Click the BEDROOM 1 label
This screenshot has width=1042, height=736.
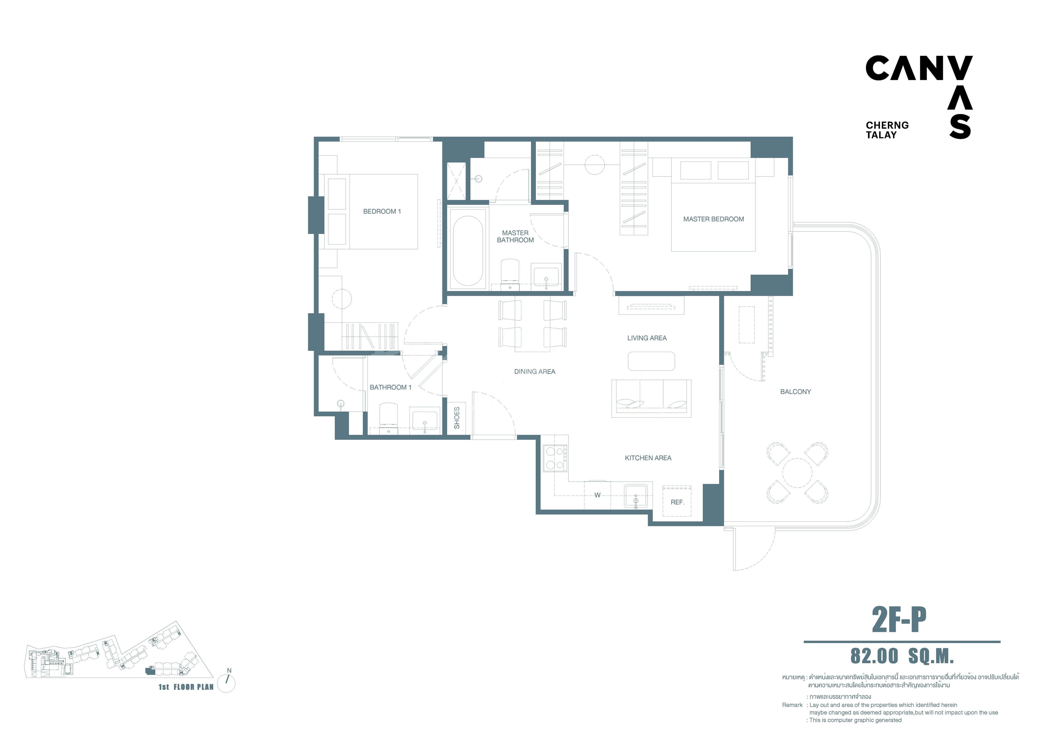[x=382, y=211]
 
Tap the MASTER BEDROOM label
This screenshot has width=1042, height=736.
[x=713, y=219]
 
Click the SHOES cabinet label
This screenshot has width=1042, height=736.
[x=457, y=417]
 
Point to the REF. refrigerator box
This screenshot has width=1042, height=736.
[x=677, y=502]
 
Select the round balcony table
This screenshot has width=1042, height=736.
[x=797, y=473]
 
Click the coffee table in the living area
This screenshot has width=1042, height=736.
[x=651, y=361]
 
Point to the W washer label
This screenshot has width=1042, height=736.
[x=597, y=495]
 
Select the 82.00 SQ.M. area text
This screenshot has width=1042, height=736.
[x=902, y=656]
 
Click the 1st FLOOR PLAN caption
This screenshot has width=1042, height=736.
[x=186, y=687]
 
